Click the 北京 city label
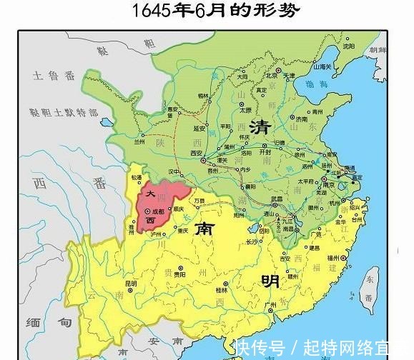[x=271, y=75]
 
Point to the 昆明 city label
[x=130, y=284]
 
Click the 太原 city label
[x=246, y=111]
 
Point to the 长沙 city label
[x=251, y=241]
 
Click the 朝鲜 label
[x=378, y=49]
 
